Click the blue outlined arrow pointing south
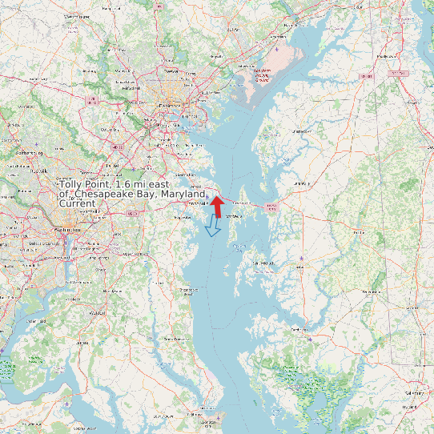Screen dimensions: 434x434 [x=213, y=225]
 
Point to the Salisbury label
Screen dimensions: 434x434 [x=414, y=393]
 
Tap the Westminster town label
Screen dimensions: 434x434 [x=78, y=16]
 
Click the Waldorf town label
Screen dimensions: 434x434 [x=98, y=313]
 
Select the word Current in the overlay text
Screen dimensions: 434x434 [x=77, y=203]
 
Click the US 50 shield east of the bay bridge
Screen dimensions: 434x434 [x=271, y=207]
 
